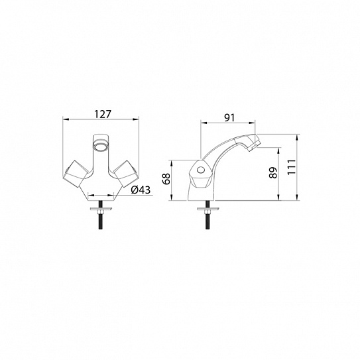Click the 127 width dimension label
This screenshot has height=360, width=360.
coord(103,114)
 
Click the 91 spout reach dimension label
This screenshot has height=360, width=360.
coord(229,118)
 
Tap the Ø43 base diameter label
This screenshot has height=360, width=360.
coord(141,190)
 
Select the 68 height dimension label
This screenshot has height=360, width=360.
coord(166,178)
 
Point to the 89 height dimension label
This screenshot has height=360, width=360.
coord(273,172)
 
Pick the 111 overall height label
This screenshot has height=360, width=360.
coord(292,167)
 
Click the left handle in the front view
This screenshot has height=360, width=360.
coord(76,173)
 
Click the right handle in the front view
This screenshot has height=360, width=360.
coord(126,173)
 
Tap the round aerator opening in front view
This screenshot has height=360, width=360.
coord(101,147)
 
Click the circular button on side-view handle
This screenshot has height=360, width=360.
coord(201,170)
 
